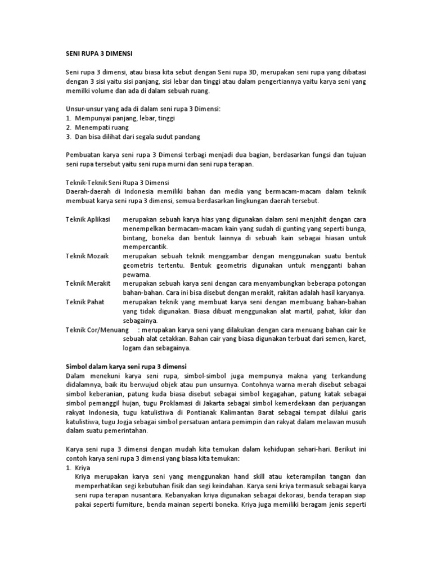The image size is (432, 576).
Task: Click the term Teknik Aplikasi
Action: (88, 217)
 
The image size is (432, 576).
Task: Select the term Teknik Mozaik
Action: (86, 255)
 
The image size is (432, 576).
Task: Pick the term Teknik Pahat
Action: (84, 301)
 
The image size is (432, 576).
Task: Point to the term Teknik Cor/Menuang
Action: (98, 329)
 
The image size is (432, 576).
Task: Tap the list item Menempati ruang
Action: (101, 127)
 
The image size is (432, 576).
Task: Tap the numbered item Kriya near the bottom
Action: (82, 467)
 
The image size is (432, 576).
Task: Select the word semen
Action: (321, 339)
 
